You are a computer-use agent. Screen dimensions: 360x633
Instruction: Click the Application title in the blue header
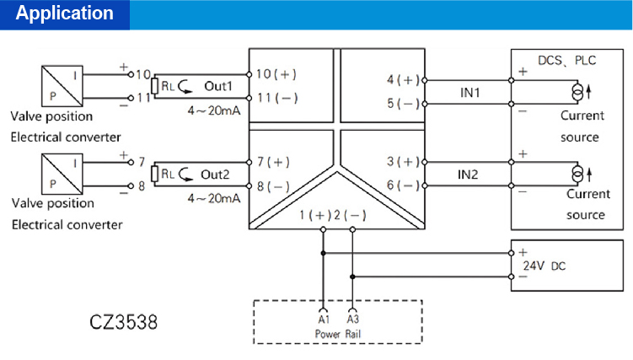65,13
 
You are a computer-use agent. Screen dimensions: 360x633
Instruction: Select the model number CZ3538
123,322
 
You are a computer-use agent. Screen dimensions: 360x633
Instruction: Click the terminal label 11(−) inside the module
276,98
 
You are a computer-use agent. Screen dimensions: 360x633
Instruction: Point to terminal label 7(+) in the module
273,161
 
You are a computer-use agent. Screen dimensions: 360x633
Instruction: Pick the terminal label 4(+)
403,80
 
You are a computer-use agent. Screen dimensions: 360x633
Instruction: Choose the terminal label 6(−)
403,185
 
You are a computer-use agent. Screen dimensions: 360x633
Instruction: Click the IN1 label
469,92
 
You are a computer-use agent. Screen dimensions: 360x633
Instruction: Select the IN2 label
469,174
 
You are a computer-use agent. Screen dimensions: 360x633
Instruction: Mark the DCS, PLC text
566,61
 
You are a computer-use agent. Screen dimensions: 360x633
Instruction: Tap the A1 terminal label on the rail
323,321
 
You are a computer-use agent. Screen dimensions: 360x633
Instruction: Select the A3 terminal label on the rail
352,321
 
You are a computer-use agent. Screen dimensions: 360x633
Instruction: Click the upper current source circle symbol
577,90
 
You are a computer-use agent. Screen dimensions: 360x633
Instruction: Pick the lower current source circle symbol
577,173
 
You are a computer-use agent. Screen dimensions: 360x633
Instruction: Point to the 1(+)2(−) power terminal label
333,216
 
